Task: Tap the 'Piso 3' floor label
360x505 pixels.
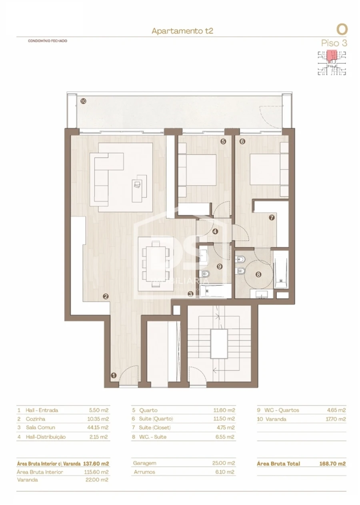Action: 334,43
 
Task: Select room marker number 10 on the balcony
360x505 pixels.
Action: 83,101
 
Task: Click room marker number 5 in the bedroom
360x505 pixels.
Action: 223,141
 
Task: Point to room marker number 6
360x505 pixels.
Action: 242,141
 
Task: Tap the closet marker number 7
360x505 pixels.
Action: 272,218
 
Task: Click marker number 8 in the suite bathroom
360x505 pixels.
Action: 258,275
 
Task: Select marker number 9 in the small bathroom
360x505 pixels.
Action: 219,266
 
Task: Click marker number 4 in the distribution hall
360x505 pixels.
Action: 215,231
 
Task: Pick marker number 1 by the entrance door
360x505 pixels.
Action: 113,375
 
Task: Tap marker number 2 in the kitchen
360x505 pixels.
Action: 106,297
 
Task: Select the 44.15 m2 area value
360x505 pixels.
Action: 98,428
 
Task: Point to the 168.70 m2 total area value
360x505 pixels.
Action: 332,463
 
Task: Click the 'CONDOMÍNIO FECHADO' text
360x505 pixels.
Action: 48,41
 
